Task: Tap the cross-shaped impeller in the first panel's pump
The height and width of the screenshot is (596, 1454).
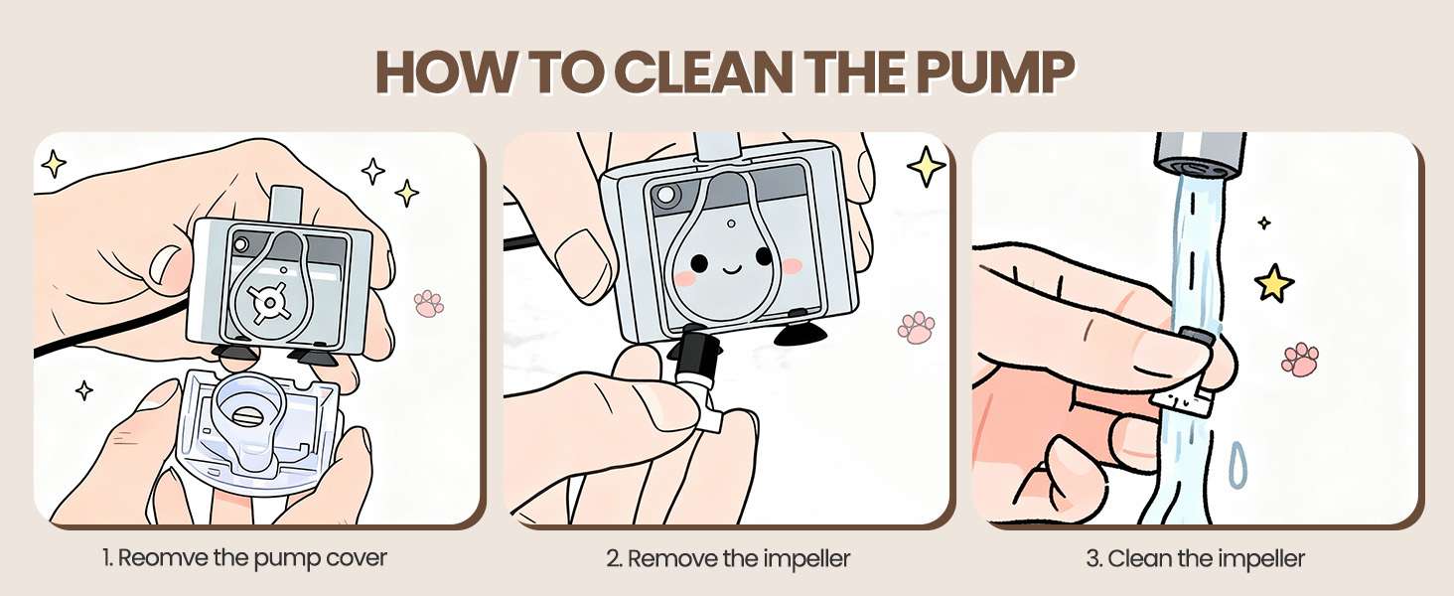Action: coord(269,303)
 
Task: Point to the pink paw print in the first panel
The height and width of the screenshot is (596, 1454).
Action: coord(428,303)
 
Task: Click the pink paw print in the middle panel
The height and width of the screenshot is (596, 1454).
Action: coord(916,327)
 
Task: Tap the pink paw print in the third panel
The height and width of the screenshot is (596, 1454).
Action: coord(1300,359)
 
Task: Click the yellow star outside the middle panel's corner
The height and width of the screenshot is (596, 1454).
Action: coord(927,167)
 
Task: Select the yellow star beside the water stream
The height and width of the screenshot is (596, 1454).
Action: coord(1274,282)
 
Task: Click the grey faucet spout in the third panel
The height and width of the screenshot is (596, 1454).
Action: coord(1200,156)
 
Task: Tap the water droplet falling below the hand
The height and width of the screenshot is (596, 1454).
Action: coord(1237,465)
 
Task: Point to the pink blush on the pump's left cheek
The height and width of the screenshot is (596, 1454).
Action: coord(685,278)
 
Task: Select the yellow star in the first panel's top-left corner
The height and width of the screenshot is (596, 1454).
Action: coord(54,163)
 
